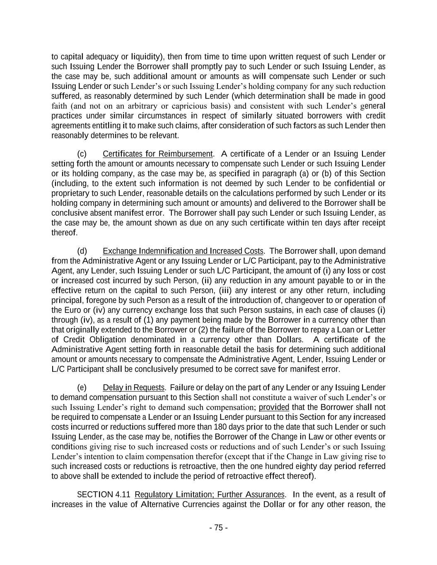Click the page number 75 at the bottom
(218, 528)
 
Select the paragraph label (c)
(82, 154)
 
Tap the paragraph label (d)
(82, 251)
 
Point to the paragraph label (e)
(82, 388)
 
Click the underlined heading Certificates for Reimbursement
(157, 154)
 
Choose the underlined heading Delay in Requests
(133, 388)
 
